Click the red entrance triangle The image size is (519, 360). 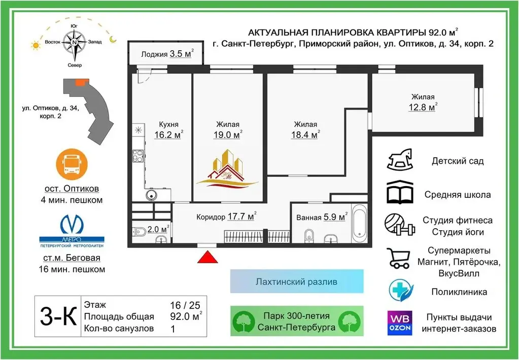(x=207, y=257)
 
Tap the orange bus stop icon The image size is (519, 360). (x=72, y=164)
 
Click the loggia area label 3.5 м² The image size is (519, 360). (x=181, y=54)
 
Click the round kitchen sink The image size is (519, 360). (x=151, y=195)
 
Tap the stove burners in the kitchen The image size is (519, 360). (x=138, y=156)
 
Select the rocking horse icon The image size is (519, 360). (x=400, y=160)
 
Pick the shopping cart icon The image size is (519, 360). (x=399, y=258)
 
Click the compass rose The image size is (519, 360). (x=75, y=43)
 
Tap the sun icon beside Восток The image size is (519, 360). (x=36, y=45)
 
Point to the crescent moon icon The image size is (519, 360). (x=113, y=40)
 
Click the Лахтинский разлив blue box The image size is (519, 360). (x=297, y=281)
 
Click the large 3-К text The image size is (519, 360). (x=58, y=316)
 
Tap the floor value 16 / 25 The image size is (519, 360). (x=185, y=305)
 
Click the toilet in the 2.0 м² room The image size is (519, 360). (x=139, y=232)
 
